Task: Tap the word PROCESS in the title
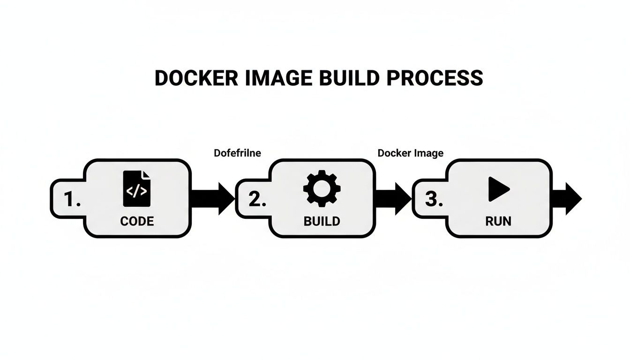click(435, 78)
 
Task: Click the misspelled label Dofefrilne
click(237, 153)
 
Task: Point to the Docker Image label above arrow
click(410, 153)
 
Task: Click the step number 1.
click(71, 200)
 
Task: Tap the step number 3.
click(433, 200)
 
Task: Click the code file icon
click(137, 188)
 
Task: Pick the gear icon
click(322, 188)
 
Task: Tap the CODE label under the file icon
click(137, 221)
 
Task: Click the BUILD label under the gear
click(322, 221)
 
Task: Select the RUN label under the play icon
click(498, 221)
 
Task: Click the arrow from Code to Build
click(213, 198)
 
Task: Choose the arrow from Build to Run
click(394, 198)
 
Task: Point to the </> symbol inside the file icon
click(137, 191)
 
